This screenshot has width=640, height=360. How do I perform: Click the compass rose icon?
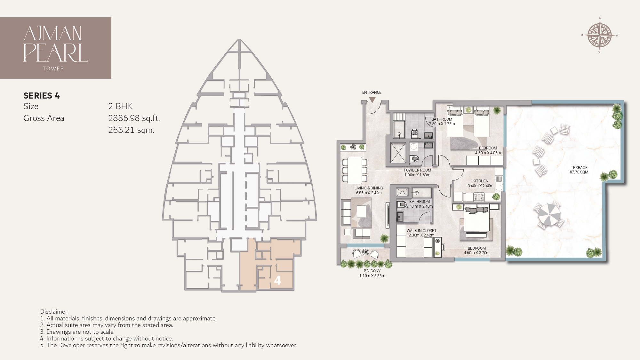click(600, 36)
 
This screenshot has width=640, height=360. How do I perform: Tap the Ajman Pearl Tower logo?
click(56, 48)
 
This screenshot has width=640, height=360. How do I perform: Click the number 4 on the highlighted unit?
click(277, 281)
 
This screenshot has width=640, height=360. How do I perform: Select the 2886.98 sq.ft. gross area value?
click(134, 118)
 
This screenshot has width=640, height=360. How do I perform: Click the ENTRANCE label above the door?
click(372, 92)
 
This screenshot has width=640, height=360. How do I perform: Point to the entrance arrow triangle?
click(372, 100)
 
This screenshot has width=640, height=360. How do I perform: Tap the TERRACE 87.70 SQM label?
click(579, 170)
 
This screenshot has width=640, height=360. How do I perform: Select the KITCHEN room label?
click(480, 181)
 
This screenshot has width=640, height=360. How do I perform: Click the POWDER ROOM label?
click(417, 170)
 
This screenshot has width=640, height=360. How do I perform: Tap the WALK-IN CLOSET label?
click(421, 230)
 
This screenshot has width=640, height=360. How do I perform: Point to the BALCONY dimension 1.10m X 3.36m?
click(372, 276)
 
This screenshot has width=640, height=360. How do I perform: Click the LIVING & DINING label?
click(369, 188)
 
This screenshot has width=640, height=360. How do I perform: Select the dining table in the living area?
click(355, 170)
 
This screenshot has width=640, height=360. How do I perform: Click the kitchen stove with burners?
click(479, 196)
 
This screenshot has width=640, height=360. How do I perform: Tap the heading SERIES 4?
click(42, 95)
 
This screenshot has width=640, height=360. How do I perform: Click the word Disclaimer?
click(54, 311)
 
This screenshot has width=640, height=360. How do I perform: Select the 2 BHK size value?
click(120, 106)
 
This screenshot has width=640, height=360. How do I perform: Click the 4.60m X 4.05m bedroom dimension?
click(488, 153)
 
